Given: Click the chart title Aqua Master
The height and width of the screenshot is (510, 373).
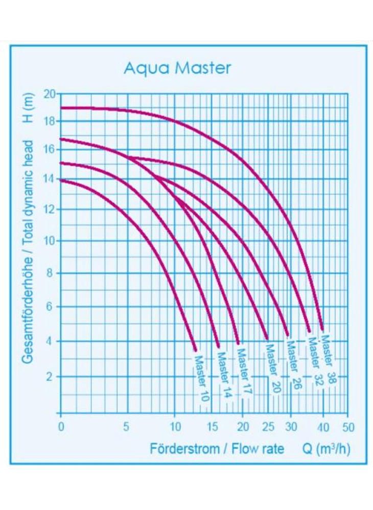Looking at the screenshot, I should pos(177,68).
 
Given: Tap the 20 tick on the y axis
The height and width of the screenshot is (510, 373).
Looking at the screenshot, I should pos(50,94).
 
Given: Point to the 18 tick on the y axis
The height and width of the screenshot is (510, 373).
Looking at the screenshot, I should pos(50,121).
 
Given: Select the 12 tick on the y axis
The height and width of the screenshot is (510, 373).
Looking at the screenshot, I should pos(50,209).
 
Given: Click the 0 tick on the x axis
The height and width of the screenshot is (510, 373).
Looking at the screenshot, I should pos(61,426).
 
